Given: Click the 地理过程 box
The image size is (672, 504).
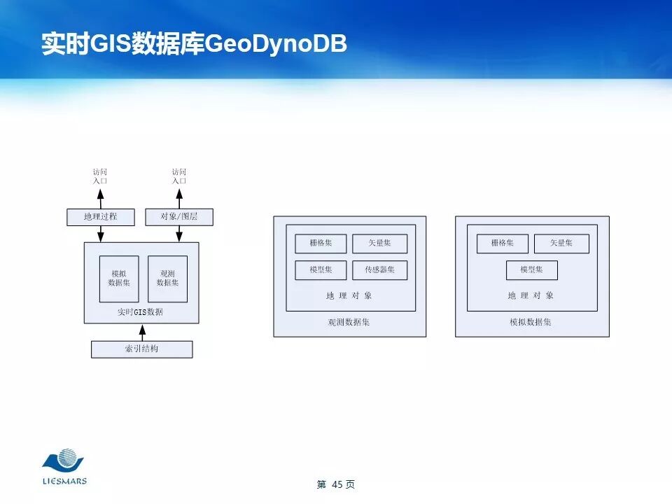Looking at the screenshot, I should [x=100, y=217].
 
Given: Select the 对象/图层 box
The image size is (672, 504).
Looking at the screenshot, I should [x=179, y=217].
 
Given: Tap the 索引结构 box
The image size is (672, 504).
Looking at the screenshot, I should [x=141, y=349].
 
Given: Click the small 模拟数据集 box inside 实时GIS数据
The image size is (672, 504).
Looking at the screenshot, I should [x=119, y=279].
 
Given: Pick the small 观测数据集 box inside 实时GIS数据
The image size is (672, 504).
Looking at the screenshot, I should [x=167, y=279].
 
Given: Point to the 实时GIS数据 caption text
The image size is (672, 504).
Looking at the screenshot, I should [x=141, y=312].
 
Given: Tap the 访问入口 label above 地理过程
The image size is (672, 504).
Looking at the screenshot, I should [x=101, y=176].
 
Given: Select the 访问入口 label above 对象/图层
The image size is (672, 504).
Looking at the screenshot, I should [x=179, y=176].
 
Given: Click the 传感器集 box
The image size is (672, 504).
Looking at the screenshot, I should [x=379, y=270].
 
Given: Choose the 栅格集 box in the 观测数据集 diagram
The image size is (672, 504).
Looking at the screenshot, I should [x=321, y=244].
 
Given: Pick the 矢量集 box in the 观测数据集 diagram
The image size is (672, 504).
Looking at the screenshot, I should [x=379, y=244].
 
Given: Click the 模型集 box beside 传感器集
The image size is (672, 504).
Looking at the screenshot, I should [x=321, y=270].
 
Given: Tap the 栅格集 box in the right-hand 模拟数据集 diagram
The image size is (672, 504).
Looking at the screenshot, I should [x=503, y=244].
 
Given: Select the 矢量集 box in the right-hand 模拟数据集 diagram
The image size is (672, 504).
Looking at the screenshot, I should [x=561, y=244].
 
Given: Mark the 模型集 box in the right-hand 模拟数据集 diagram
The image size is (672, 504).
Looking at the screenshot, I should [x=532, y=270].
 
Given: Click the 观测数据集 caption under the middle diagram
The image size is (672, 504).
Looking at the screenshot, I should [x=349, y=323].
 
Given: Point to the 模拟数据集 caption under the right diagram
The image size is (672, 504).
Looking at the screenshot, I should [x=531, y=323].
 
